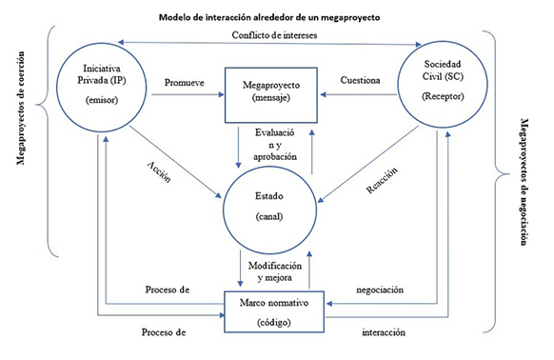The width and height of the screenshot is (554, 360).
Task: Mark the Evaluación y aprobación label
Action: [x=276, y=143]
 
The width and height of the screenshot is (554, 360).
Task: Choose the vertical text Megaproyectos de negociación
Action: [x=524, y=181]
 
